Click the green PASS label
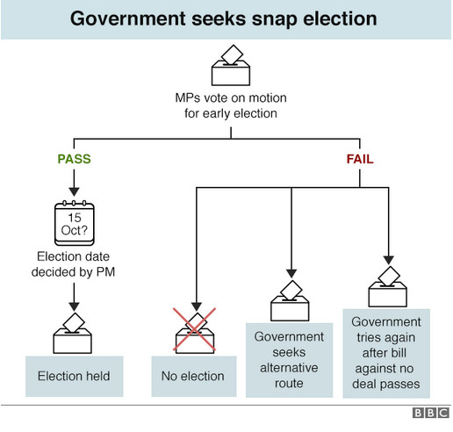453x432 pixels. [74, 159]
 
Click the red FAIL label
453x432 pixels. [360, 159]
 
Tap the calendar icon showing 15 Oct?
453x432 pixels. [75, 223]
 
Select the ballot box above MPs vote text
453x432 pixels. [231, 65]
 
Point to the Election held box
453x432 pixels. [75, 377]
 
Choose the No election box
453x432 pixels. [194, 377]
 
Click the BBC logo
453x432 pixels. [431, 413]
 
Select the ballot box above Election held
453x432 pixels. [72, 334]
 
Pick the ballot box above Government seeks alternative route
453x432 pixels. [290, 300]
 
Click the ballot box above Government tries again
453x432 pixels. [387, 286]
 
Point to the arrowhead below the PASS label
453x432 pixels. [74, 192]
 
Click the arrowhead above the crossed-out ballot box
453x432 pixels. [197, 306]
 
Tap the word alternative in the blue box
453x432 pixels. [289, 368]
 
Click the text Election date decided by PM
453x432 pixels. [73, 264]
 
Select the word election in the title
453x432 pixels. [340, 18]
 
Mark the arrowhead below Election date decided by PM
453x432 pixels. [74, 306]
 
